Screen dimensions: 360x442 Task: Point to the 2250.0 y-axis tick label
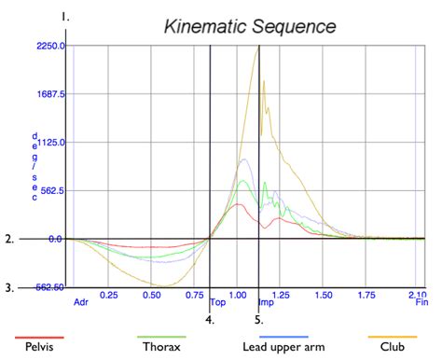[49, 46]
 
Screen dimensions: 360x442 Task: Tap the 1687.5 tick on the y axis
[49, 94]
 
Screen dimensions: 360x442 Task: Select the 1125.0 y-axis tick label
[49, 143]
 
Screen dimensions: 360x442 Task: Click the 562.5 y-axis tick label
[51, 191]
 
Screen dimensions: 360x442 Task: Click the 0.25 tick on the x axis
[109, 295]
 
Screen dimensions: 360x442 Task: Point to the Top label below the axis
[218, 302]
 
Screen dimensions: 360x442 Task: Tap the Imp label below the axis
[266, 302]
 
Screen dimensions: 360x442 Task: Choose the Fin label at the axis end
[421, 302]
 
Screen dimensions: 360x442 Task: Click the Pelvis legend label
[38, 346]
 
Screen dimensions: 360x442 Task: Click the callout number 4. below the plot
[210, 319]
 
